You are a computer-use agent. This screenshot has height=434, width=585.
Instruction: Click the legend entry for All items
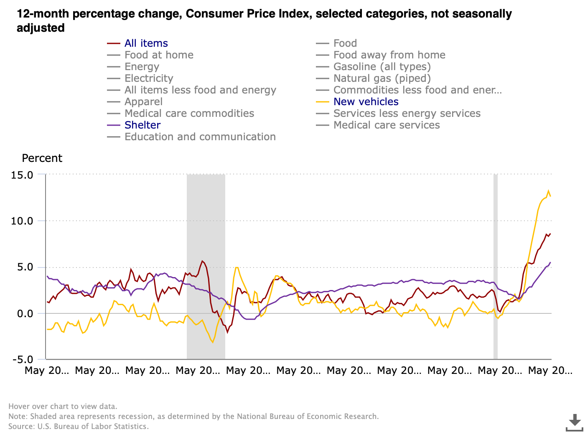pos(146,43)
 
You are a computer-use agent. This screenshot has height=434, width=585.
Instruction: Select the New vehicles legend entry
pos(366,102)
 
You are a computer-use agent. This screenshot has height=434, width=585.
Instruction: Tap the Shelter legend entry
pos(142,125)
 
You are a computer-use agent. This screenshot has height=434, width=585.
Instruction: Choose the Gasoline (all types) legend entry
pos(382,67)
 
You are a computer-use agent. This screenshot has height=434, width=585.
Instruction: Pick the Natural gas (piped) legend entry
pos(382,78)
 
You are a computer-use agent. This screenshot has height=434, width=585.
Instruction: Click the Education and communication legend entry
pos(200,137)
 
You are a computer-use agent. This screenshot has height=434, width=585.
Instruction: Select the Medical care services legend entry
pos(386,125)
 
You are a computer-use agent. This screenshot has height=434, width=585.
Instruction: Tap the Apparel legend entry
pos(143,102)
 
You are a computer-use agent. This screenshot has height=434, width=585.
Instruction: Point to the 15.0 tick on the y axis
pos(22,175)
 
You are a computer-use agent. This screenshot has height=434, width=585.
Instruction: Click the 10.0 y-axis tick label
pos(22,221)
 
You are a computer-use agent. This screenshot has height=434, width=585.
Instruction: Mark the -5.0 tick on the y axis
pos(22,360)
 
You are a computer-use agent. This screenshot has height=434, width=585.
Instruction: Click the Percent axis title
pos(42,158)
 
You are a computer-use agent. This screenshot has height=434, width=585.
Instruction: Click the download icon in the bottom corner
pos(575,422)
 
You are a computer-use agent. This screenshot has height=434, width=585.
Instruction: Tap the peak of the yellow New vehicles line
pos(548,191)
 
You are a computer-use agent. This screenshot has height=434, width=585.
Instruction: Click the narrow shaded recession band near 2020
pos(496,267)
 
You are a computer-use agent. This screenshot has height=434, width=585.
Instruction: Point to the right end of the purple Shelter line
pos(550,262)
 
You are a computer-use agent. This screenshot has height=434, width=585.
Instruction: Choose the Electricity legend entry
pos(148,78)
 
